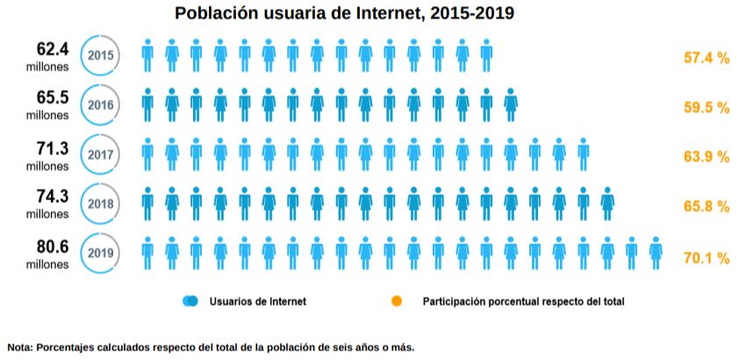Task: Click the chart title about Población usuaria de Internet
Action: (x=344, y=13)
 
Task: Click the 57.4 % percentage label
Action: (x=707, y=58)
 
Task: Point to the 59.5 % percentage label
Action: (x=707, y=107)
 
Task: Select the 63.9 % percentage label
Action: (x=707, y=157)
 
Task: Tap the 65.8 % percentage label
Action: (x=707, y=207)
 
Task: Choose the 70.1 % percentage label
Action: (x=707, y=258)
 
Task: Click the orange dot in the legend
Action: (x=397, y=301)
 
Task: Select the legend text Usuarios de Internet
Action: (x=258, y=301)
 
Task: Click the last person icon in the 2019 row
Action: (x=656, y=253)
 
